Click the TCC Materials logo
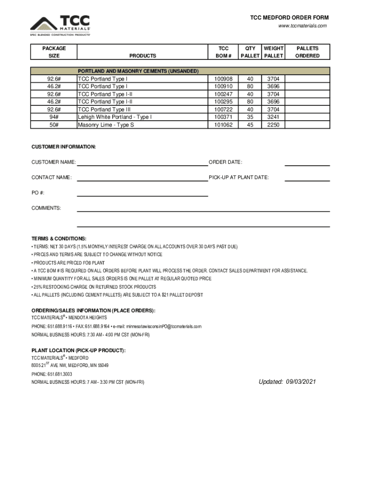(x=60, y=26)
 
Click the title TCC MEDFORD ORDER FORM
(x=290, y=18)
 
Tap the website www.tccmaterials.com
(x=303, y=26)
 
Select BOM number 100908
(x=223, y=79)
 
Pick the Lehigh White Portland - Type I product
(x=115, y=117)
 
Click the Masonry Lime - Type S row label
(x=106, y=125)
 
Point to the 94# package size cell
(x=54, y=117)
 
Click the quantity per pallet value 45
(x=249, y=125)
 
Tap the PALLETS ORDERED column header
(x=307, y=52)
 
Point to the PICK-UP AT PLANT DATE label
(x=238, y=178)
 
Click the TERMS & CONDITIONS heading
(x=59, y=238)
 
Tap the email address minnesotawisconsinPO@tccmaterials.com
(x=162, y=326)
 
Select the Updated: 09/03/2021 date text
(x=287, y=382)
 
